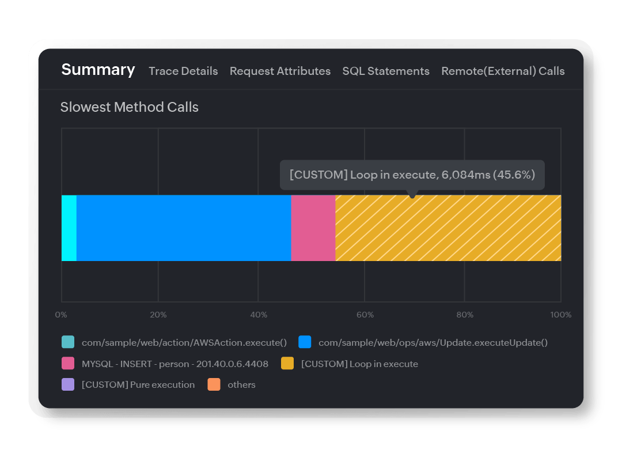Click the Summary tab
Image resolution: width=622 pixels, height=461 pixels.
(98, 70)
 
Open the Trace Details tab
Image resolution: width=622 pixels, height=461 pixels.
(183, 71)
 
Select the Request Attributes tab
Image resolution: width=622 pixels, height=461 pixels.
(280, 71)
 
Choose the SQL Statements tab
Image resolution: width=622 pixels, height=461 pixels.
(386, 71)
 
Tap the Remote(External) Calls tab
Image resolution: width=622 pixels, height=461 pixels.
(503, 71)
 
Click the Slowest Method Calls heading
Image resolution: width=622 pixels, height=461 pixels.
(130, 107)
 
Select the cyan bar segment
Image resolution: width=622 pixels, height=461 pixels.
(69, 228)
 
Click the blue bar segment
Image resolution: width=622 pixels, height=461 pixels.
(183, 228)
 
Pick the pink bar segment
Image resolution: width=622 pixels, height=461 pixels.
(313, 228)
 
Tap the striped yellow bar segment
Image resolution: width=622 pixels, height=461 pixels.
(448, 228)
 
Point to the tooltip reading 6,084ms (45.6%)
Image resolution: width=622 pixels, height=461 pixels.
(412, 175)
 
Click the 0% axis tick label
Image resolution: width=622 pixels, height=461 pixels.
(60, 315)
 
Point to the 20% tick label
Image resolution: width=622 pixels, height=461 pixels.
(158, 315)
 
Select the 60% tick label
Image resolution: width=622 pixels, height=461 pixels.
(365, 315)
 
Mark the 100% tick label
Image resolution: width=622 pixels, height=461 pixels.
(560, 315)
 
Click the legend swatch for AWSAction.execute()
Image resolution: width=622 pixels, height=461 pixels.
(68, 342)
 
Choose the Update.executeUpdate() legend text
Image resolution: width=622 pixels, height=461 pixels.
(433, 342)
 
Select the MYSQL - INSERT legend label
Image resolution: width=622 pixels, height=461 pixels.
(175, 364)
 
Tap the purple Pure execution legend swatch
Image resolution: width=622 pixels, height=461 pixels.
(68, 384)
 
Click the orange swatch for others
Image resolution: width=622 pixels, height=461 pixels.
(214, 384)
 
